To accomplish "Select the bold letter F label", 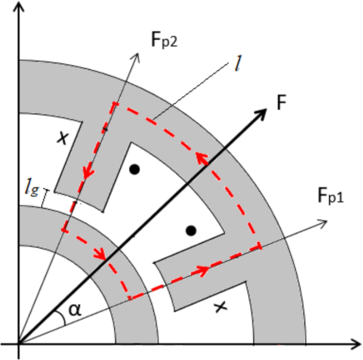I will pos(281,103).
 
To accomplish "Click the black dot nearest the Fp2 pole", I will pos(135,169).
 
